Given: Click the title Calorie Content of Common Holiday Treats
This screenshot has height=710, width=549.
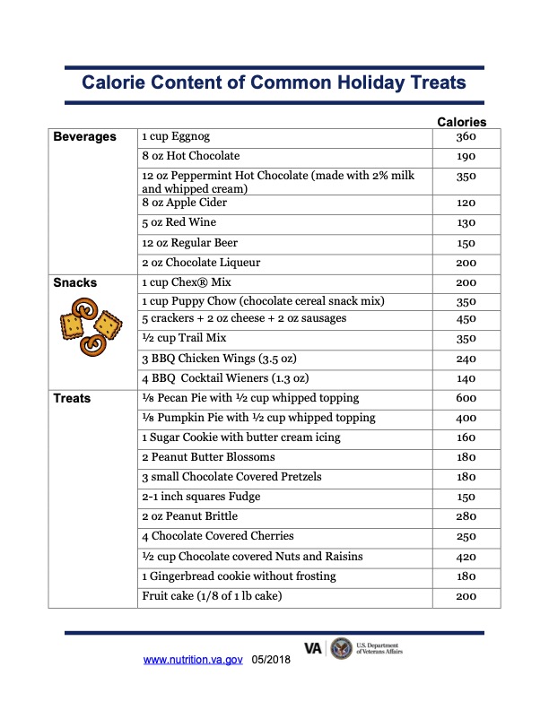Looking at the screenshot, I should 274,82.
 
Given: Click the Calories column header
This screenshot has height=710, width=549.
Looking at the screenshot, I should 461,122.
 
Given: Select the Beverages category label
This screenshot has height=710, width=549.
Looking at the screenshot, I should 84,137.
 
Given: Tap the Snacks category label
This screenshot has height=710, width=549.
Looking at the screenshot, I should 74,282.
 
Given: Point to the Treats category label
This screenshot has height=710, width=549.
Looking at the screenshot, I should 72,398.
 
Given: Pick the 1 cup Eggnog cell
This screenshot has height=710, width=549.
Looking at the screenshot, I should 176,137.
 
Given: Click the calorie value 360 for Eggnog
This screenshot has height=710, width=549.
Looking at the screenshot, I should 465,137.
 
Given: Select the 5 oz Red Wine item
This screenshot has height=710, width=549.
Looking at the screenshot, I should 179,222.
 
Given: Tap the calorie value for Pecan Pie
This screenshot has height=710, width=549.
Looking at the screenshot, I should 465,398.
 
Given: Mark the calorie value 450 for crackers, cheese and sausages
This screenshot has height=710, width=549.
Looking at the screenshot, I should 465,319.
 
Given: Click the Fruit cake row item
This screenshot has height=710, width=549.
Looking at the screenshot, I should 217,596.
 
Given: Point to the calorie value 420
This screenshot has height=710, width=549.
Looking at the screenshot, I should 465,557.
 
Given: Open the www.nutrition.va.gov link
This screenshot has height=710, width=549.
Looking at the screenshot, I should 193,660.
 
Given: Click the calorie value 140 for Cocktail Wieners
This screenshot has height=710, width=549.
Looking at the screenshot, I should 465,378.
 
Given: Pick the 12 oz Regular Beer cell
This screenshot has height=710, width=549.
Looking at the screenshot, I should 190,243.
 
